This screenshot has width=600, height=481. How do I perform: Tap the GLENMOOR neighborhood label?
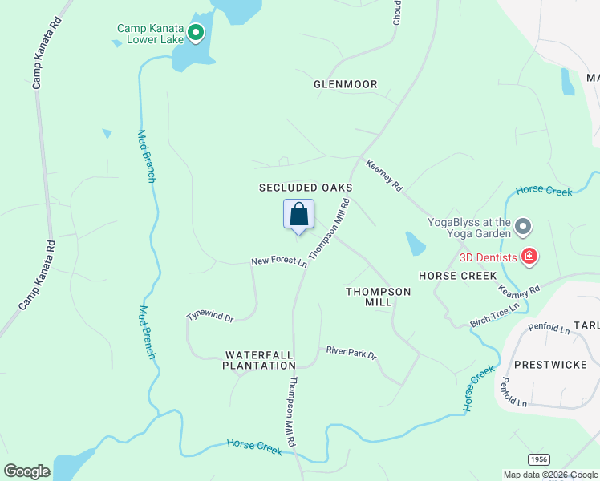345,83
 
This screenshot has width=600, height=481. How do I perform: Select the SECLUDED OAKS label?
306,188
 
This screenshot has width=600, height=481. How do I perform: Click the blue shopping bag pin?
298,215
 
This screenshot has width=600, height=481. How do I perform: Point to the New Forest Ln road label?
279,262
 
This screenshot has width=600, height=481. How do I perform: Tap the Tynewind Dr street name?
209,317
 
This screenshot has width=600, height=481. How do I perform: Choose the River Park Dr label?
351,353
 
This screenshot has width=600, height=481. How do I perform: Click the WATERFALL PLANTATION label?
260,360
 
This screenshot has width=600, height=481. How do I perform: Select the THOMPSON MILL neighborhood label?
378,297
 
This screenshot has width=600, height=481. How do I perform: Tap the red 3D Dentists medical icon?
529,257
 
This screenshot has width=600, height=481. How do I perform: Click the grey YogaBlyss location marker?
523,228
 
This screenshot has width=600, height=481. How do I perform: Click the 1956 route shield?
539,458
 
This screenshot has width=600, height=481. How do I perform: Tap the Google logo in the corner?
26,471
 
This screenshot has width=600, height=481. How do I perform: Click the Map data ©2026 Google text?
551,475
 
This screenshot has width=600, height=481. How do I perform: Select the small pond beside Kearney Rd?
415,243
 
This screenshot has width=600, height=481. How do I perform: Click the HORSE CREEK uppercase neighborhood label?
458,276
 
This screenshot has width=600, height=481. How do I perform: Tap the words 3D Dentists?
488,257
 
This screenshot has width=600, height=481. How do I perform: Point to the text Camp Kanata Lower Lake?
151,34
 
